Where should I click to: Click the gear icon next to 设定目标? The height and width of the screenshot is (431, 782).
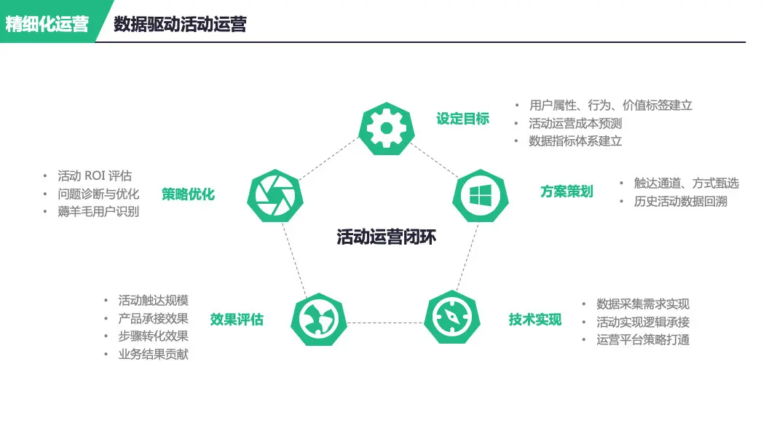[x=387, y=129]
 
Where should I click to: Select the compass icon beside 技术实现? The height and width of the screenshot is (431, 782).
[x=451, y=318]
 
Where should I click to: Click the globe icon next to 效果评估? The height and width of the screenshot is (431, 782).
[x=318, y=319]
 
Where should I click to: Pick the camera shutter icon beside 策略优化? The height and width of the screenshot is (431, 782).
[x=275, y=195]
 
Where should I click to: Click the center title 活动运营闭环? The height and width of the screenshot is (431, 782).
[x=386, y=237]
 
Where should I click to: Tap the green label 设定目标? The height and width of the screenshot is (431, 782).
[x=462, y=119]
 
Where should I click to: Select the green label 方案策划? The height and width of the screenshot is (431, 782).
[x=566, y=191]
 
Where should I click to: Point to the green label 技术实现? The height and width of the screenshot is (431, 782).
[x=535, y=320]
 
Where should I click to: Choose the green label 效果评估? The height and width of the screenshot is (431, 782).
[x=237, y=320]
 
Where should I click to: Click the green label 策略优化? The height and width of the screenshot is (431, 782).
[x=188, y=194]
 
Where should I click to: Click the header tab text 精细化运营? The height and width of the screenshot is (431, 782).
[x=47, y=24]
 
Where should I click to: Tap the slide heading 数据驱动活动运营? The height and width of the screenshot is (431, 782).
[x=180, y=24]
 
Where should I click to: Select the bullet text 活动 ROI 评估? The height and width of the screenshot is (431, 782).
[x=95, y=176]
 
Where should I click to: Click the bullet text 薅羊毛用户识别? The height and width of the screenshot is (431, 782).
[x=98, y=212]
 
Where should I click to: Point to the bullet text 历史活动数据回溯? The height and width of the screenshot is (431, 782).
[x=680, y=201]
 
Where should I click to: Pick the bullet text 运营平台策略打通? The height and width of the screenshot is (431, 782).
[x=642, y=339]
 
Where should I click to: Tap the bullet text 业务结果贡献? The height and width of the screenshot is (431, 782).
[x=153, y=355]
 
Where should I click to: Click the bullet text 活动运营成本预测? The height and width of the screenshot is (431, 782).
[x=575, y=123]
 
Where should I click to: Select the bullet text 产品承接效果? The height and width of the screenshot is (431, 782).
[x=153, y=318]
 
